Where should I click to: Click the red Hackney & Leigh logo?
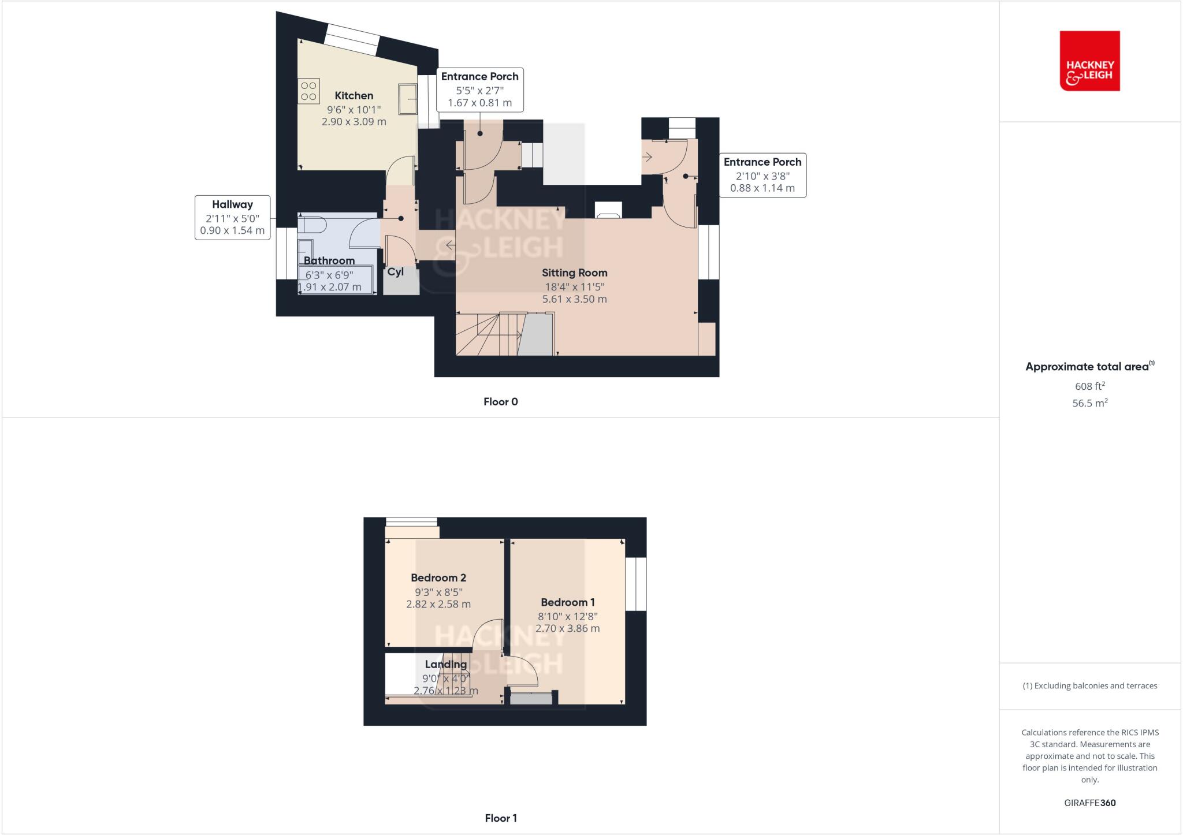click(x=1089, y=61)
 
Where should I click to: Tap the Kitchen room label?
click(x=354, y=96)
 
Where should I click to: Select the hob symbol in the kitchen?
click(x=308, y=91)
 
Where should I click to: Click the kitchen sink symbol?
click(x=408, y=99)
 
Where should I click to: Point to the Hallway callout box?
click(x=232, y=218)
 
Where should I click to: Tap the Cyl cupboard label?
click(x=395, y=272)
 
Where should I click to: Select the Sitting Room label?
click(x=574, y=273)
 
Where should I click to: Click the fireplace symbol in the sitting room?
click(x=608, y=211)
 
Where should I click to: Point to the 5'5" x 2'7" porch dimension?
click(x=479, y=90)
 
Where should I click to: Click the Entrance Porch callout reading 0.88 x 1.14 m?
click(x=762, y=176)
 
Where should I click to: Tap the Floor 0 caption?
click(x=500, y=402)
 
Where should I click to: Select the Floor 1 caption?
click(x=500, y=818)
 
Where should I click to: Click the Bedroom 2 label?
click(x=438, y=578)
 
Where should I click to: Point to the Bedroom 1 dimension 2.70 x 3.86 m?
click(x=567, y=628)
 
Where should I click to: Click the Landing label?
click(x=445, y=665)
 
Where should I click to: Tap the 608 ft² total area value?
click(x=1089, y=386)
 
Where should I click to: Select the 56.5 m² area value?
click(x=1089, y=403)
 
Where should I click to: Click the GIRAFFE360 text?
click(x=1089, y=803)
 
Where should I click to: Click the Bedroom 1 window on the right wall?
click(x=636, y=584)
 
